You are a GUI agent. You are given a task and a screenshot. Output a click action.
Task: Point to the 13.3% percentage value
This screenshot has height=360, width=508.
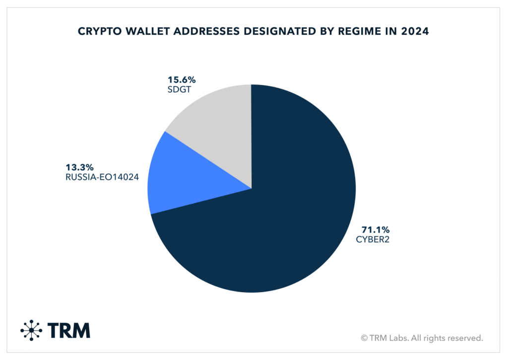pos(80,167)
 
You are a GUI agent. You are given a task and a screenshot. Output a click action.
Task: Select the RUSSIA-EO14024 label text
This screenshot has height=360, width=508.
pos(101,177)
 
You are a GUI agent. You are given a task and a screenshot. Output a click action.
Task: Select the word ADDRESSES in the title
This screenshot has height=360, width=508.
pos(198,32)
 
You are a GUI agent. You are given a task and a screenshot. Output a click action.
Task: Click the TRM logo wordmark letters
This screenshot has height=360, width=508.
pos(69,330)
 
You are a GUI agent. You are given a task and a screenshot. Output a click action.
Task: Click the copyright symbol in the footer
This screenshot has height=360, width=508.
pos(365,338)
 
